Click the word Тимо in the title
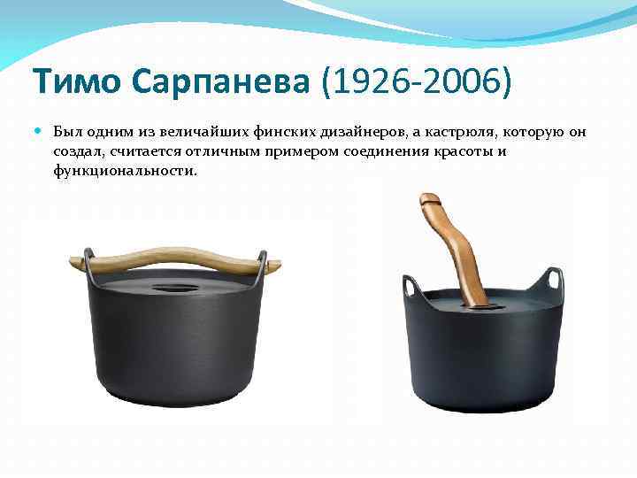pos(76,83)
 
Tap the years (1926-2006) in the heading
pos(416,83)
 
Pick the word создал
pos(78,151)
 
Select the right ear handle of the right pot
pos(555,280)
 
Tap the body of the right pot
pos(482,363)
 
